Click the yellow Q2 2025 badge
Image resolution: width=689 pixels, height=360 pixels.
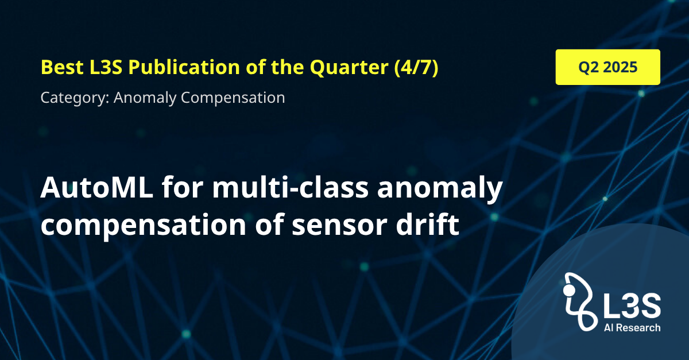point(608,67)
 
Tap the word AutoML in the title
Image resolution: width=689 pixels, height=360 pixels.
point(96,187)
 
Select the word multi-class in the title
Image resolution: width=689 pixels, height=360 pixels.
point(291,187)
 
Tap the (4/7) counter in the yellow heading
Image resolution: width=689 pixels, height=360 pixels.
point(416,67)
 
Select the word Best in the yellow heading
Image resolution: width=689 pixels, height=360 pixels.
point(62,67)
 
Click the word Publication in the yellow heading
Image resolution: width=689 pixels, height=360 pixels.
point(184,67)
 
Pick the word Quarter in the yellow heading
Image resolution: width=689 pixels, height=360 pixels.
point(349,68)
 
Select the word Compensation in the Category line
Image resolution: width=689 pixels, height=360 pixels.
point(233,98)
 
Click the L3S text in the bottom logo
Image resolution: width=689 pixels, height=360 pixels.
point(632,305)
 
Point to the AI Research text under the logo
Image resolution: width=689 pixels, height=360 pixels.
point(632,328)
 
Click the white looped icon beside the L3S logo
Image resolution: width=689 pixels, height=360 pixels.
point(578,301)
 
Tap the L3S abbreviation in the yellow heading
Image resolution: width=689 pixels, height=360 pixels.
point(106,67)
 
